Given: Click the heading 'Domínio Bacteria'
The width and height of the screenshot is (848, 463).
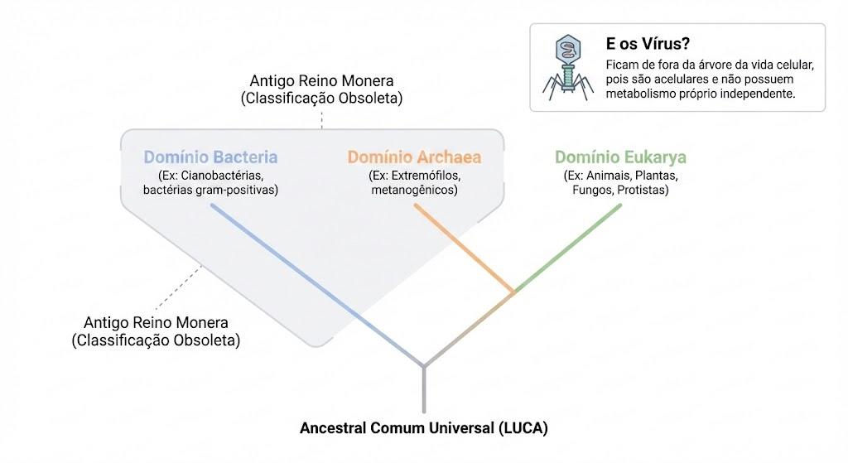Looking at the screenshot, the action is (x=210, y=157).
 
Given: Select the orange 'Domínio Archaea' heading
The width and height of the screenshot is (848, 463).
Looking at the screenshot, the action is (x=414, y=157).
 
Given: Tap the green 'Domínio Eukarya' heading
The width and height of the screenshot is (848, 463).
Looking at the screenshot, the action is (x=620, y=157).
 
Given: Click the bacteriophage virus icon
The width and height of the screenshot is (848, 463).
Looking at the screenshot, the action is (x=568, y=68).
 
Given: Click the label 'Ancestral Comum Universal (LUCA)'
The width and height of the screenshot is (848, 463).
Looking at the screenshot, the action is (x=424, y=428).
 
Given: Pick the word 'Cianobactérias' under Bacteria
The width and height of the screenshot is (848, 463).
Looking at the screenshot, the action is (x=222, y=176).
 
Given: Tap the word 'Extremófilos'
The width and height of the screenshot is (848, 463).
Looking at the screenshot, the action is (x=426, y=176).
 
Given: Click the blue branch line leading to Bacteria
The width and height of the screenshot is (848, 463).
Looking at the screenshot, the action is (x=317, y=286).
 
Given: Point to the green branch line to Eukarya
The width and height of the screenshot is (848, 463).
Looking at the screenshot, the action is (x=567, y=248).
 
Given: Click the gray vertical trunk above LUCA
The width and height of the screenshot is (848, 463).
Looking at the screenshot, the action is (x=424, y=389).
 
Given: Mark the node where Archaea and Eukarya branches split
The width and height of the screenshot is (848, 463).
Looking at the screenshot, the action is (x=513, y=292).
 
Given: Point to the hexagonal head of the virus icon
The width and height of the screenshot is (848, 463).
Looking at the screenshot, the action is (x=568, y=49).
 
